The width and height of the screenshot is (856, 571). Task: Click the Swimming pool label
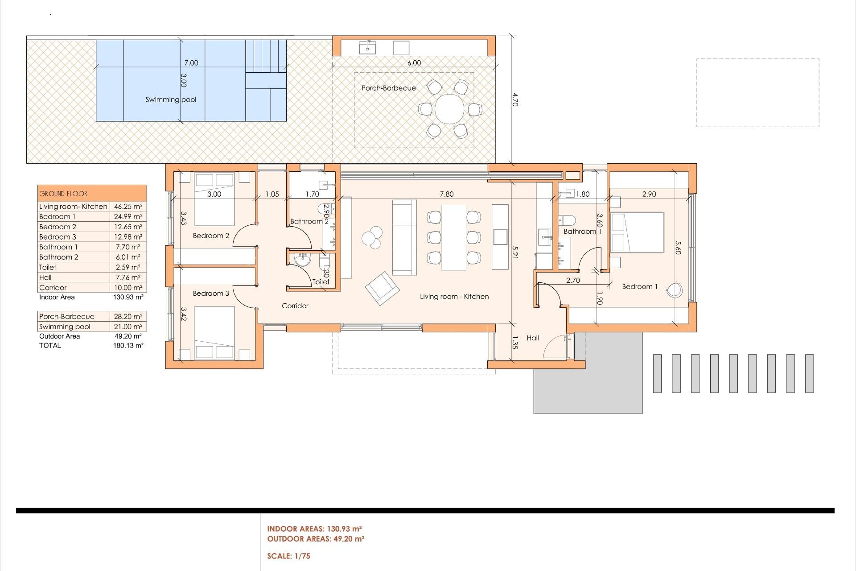(x=171, y=99)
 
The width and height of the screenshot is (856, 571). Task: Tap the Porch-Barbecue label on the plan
(x=388, y=88)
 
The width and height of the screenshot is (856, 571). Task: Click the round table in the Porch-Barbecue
(x=449, y=109)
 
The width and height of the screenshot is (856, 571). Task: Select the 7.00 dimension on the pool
(x=191, y=63)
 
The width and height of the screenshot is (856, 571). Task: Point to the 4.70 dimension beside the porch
(x=515, y=99)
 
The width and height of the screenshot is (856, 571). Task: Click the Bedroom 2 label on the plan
(x=211, y=236)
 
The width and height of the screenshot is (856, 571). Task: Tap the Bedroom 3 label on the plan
(x=211, y=293)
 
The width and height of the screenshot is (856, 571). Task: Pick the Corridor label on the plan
(x=295, y=306)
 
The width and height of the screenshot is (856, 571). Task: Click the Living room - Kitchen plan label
(x=454, y=296)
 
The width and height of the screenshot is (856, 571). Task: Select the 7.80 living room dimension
(x=446, y=194)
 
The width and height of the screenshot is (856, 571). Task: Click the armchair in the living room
(x=382, y=288)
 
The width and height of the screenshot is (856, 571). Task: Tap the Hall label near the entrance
(x=533, y=338)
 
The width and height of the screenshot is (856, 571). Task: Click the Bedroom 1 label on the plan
(x=640, y=286)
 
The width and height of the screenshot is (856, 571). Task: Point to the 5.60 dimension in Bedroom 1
(x=678, y=248)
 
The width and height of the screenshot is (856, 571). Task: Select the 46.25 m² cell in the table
(x=128, y=207)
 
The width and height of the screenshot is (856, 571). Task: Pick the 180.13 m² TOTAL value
(x=128, y=345)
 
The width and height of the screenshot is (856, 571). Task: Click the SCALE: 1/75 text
(x=288, y=556)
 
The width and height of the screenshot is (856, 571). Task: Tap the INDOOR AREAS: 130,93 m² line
(x=314, y=529)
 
